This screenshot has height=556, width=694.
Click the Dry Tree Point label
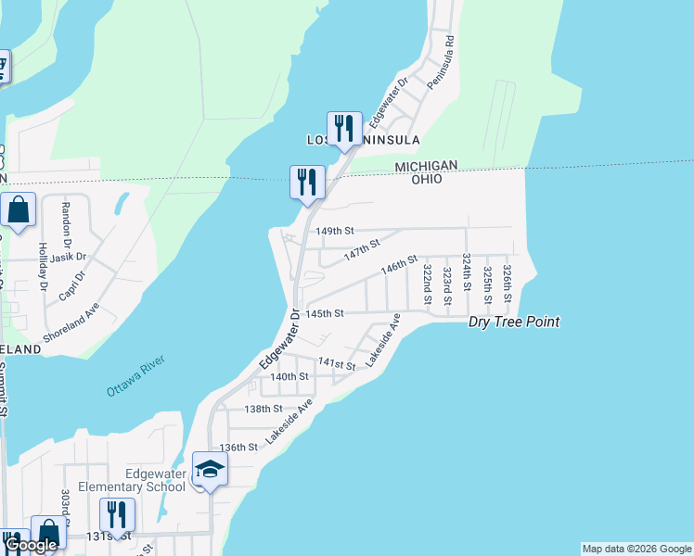click(x=513, y=322)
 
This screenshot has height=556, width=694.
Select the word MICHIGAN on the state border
click(x=426, y=165)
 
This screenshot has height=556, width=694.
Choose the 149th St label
click(x=335, y=231)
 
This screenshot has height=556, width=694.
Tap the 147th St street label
click(x=363, y=249)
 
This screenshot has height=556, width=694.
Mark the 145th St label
click(x=326, y=314)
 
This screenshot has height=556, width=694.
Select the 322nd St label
click(x=427, y=284)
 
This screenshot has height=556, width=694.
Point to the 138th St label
click(x=263, y=409)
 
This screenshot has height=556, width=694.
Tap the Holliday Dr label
click(x=43, y=267)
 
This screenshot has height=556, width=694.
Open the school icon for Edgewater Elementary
click(x=210, y=470)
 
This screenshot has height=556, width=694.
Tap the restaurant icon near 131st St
click(x=117, y=514)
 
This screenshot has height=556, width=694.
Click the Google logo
click(x=32, y=545)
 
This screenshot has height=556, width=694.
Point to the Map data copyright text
click(x=636, y=549)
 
